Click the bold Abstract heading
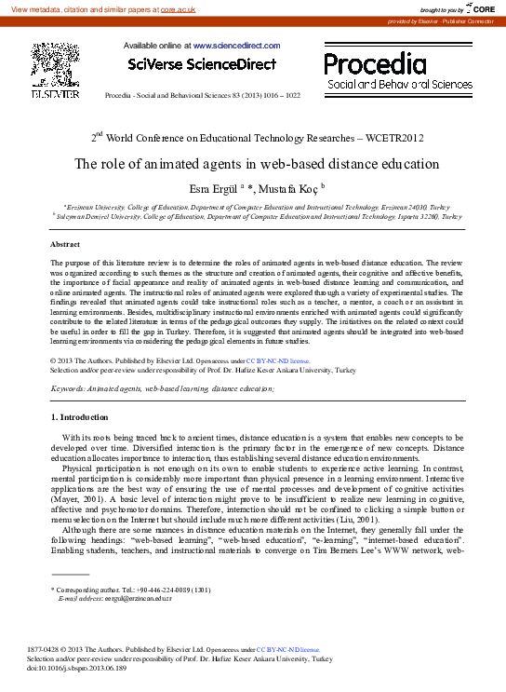pyautogui.click(x=66, y=244)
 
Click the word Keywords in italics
pyautogui.click(x=69, y=387)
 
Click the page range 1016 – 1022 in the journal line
pyautogui.click(x=283, y=96)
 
